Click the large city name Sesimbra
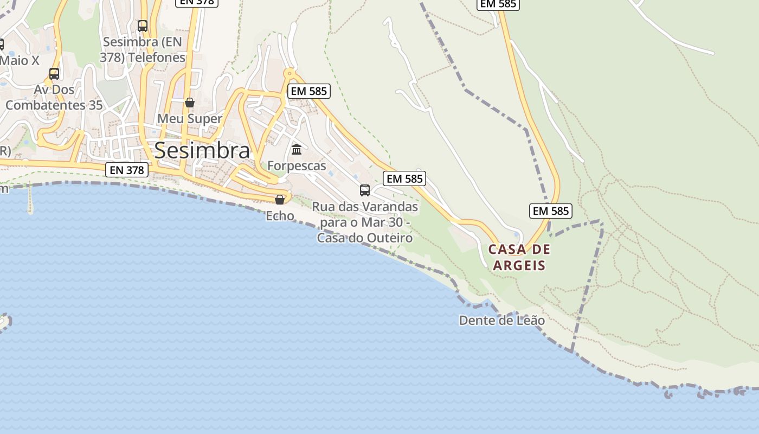pos(202,150)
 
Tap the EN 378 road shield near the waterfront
pos(127,170)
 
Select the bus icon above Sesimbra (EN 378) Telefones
pos(143,25)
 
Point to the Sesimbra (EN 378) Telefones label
pos(143,49)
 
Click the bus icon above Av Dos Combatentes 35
pos(54,74)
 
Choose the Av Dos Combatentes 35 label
pos(54,97)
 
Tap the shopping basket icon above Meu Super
pos(190,102)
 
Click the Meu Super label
pos(190,118)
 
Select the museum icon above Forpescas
pos(297,149)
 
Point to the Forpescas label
pos(297,165)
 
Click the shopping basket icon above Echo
pos(280,200)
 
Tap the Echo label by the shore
pos(280,216)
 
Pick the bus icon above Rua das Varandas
pos(365,190)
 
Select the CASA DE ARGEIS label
pos(519,257)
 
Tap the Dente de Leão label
pos(501,320)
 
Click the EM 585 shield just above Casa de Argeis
pos(551,211)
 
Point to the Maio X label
pos(20,60)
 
